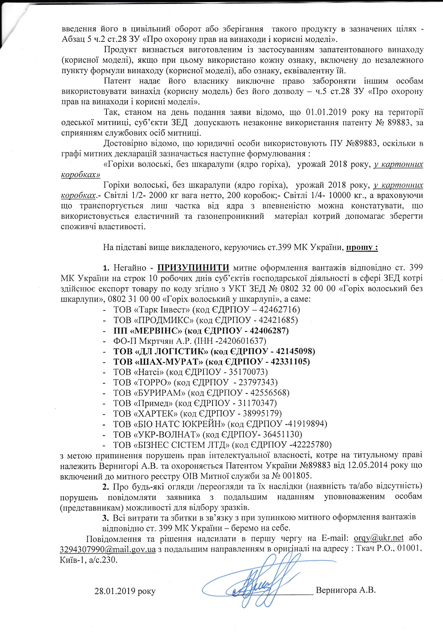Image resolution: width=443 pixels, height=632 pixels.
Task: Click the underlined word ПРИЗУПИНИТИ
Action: [193, 268]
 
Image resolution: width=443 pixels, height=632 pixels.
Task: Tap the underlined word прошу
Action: [362, 248]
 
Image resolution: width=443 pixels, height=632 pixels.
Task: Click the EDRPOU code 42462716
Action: [278, 310]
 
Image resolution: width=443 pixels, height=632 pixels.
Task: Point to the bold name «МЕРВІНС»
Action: [158, 330]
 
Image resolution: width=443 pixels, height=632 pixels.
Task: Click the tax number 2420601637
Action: [241, 341]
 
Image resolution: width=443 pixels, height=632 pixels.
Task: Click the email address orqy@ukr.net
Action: [378, 538]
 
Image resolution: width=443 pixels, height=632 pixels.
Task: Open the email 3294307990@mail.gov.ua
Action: [108, 549]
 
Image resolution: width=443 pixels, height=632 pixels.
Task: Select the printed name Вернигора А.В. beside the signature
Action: [346, 590]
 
